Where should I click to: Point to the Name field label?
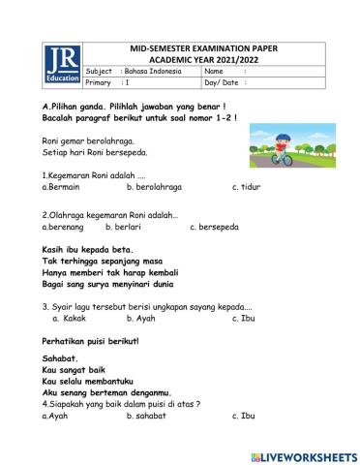(x=214, y=72)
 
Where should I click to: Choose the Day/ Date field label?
(x=220, y=83)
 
